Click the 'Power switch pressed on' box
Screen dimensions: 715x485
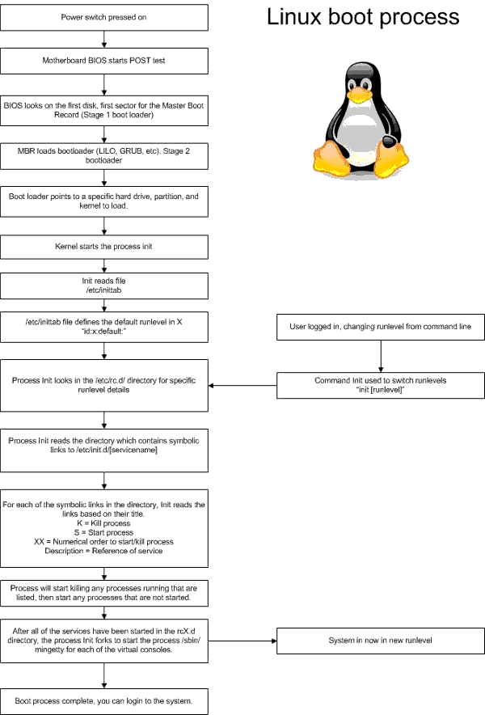[x=103, y=17]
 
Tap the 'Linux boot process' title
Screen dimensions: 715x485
[x=363, y=18]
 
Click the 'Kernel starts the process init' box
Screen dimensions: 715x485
[x=103, y=245]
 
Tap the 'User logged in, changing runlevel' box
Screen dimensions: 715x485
[x=379, y=327]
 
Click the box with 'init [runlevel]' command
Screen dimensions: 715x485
[x=379, y=384]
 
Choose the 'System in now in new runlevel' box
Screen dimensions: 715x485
[x=379, y=640]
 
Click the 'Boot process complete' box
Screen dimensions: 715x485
[x=103, y=700]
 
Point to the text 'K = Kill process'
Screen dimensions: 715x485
[x=103, y=523]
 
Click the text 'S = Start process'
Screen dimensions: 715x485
[x=103, y=532]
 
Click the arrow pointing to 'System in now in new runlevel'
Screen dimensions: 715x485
[x=242, y=640]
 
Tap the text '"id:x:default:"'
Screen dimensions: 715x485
[x=103, y=332]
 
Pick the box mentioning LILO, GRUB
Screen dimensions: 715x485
[x=103, y=154]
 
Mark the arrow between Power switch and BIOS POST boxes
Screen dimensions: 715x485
[x=103, y=39]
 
